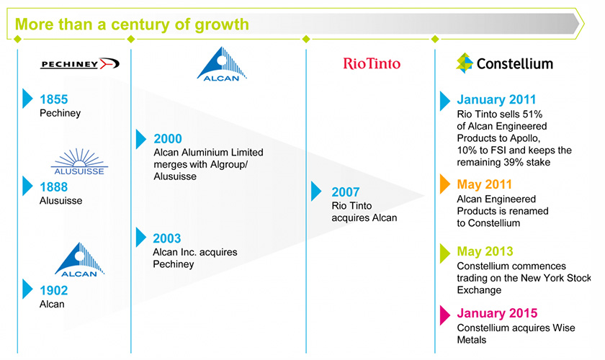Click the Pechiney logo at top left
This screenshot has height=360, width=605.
pos(80,63)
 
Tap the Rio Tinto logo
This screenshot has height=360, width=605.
pos(372,63)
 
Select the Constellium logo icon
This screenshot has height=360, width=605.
pos(464,63)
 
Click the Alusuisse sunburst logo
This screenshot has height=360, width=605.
pos(79,162)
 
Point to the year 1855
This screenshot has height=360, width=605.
pos(54,99)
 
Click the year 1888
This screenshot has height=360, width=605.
pos(54,187)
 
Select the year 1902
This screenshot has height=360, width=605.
pos(54,291)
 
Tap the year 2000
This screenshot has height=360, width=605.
pos(168,139)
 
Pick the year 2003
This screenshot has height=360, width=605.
pos(167,238)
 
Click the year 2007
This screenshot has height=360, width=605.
pos(346,192)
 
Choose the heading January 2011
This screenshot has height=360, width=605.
pos(496,99)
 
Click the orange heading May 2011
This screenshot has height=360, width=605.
pos(484,184)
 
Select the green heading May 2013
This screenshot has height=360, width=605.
pos(485,251)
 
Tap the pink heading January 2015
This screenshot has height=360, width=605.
pos(498,313)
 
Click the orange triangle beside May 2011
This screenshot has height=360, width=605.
pos(444,184)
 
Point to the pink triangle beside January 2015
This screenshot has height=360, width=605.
pos(444,315)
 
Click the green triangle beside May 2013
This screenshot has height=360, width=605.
pos(444,253)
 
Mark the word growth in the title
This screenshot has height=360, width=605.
pos(222,25)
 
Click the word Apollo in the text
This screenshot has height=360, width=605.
pos(524,138)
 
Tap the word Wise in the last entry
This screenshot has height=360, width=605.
pos(564,328)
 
